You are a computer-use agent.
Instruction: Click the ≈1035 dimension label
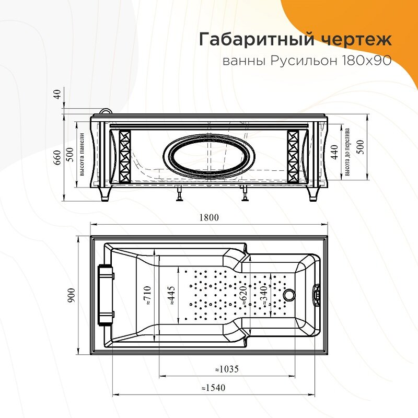point(227,369)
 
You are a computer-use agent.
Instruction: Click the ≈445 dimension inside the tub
point(171,295)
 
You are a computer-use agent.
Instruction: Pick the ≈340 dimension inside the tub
point(264,295)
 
